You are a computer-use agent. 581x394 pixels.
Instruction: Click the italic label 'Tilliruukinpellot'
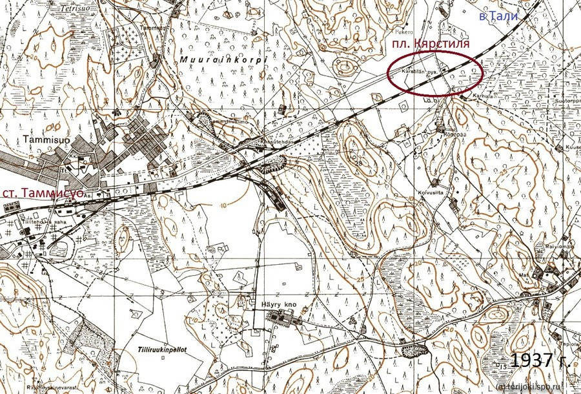161,349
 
